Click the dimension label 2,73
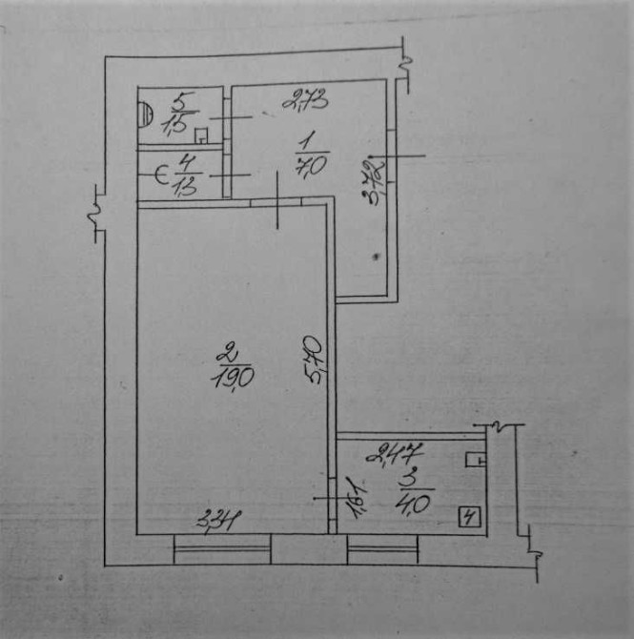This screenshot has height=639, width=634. tap(304, 96)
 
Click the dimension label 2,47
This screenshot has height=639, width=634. tap(401, 451)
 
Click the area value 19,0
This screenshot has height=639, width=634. tap(233, 378)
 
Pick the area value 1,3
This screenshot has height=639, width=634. tap(184, 187)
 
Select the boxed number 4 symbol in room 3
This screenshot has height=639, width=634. tap(467, 520)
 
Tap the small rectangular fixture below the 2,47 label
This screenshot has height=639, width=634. tap(474, 460)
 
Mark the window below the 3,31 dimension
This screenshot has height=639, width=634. tap(222, 547)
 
